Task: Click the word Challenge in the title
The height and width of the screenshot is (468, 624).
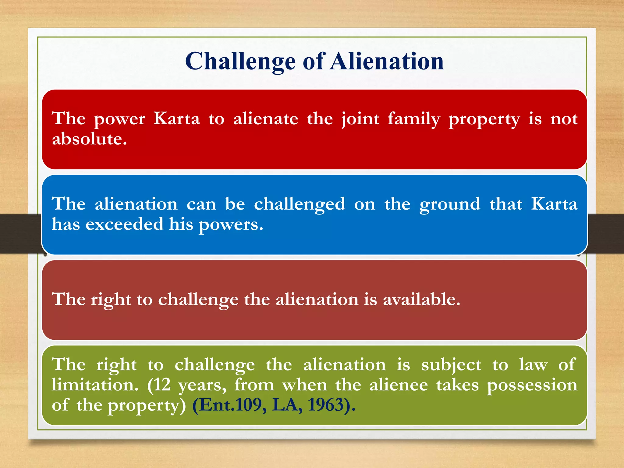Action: [240, 62]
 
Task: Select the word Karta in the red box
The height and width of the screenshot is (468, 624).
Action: [176, 119]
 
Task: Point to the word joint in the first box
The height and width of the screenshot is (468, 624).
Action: [360, 119]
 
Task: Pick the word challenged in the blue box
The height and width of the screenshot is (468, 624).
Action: [300, 204]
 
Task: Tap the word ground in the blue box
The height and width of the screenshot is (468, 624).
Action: [450, 204]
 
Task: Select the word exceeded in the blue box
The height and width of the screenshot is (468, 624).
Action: [124, 224]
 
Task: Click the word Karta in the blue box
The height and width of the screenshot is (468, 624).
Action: [554, 204]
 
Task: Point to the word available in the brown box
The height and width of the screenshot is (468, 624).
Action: [421, 300]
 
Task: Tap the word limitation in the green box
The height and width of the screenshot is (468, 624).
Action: [95, 385]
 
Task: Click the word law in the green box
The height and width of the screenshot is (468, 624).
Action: [533, 365]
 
